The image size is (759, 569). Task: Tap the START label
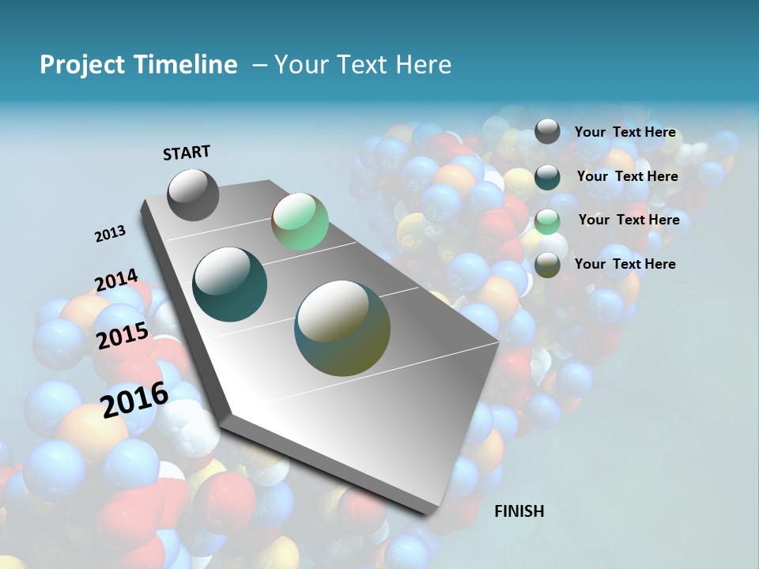coord(187,153)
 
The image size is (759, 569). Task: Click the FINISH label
coord(519,511)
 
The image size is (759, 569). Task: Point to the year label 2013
coord(110,234)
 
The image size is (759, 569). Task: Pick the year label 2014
coord(116,281)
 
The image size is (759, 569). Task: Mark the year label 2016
coord(134,399)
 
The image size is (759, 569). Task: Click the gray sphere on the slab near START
coord(194,194)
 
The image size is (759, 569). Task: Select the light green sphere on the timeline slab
coord(300,221)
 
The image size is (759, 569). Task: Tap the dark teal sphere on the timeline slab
coord(230,284)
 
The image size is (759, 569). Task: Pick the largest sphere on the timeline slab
coord(342,328)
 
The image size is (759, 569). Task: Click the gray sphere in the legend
coord(547,132)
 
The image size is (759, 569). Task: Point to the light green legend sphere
coord(547,220)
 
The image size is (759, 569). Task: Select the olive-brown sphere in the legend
coord(547,264)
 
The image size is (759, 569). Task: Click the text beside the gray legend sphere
coord(625,132)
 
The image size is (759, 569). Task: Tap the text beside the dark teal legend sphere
coord(627,176)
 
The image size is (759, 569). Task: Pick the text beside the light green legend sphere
coord(629,220)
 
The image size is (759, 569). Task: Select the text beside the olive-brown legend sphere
coord(625,264)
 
